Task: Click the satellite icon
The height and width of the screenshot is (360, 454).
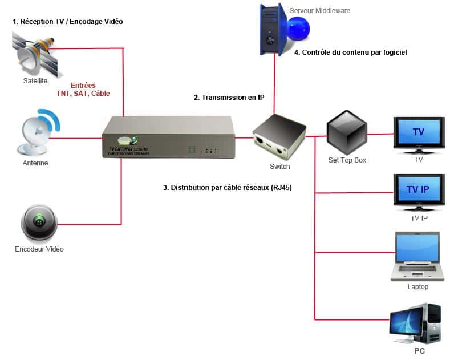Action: tap(34, 51)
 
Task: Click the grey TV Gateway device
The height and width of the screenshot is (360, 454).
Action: tap(168, 137)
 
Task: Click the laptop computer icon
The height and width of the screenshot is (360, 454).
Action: tap(417, 256)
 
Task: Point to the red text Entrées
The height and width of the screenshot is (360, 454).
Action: tap(83, 84)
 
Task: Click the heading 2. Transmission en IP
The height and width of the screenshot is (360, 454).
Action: tap(229, 98)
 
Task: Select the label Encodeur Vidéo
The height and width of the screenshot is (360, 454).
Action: tap(39, 249)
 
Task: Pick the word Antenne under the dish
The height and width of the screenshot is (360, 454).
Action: tap(35, 163)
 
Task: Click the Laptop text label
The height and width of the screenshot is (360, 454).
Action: tap(417, 287)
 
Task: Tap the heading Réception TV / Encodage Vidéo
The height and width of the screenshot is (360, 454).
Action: tap(68, 22)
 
